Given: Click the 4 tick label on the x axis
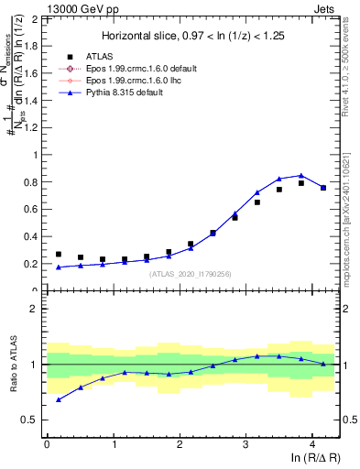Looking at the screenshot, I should coord(312,443).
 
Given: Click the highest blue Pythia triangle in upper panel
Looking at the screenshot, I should coord(301,175).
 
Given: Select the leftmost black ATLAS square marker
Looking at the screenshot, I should coord(59,255).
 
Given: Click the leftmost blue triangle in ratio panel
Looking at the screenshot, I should coord(59,399).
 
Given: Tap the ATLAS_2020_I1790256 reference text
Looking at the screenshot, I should coord(191,274).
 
